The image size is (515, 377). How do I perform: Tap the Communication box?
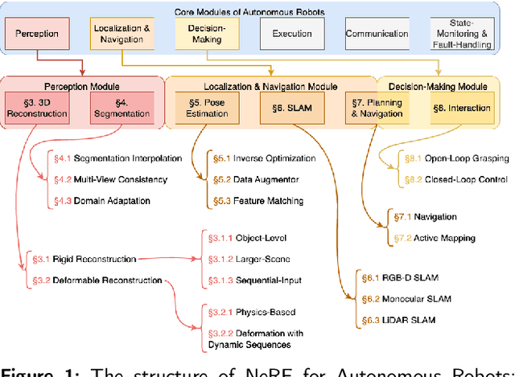point(377,35)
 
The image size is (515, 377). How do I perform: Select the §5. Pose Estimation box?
point(202,107)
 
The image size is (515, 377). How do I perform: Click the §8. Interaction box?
point(462,107)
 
